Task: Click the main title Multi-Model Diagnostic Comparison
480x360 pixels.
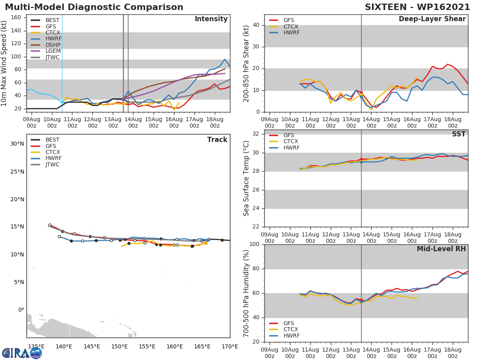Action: click(94, 7)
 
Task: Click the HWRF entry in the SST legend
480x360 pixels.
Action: click(291, 148)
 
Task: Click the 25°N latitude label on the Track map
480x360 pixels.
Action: click(16, 172)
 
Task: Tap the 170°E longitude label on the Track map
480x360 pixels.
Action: click(230, 346)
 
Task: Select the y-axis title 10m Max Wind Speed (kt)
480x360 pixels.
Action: click(4, 64)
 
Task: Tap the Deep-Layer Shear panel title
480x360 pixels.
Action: click(432, 19)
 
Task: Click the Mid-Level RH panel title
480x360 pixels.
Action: click(441, 249)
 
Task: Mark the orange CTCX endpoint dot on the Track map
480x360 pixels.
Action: click(206, 243)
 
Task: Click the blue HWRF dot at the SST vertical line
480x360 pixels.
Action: click(361, 162)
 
